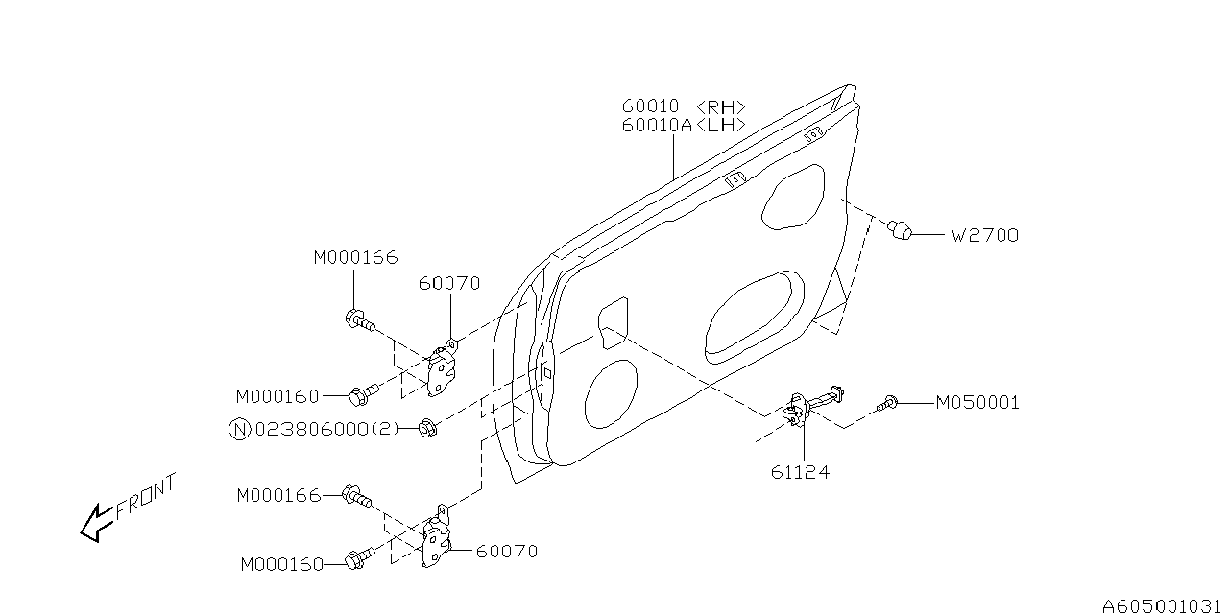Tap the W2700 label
(984, 234)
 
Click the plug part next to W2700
(899, 230)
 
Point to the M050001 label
(977, 403)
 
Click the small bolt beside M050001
(889, 405)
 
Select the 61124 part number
(799, 472)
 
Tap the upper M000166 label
(355, 257)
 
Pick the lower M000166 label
(278, 495)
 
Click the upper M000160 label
(278, 395)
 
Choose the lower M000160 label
(283, 565)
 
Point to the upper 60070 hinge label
(449, 283)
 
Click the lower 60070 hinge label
(507, 551)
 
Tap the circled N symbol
(240, 430)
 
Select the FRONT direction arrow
(95, 524)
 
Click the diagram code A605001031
(1164, 605)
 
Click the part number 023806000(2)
(325, 430)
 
